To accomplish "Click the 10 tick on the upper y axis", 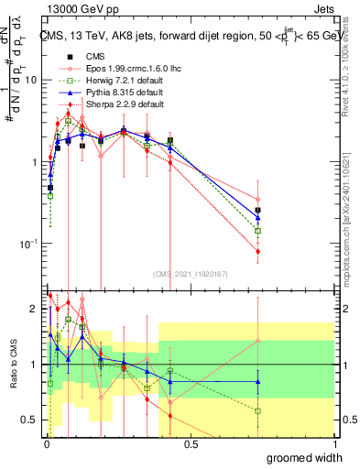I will pos(29,80).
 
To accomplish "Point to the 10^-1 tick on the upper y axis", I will pos(27,244).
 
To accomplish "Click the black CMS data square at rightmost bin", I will pos(258,210).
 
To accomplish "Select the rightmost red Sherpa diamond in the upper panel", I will pos(258,251).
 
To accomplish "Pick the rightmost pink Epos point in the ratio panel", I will pos(258,341).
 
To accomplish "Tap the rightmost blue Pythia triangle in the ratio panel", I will pos(258,382).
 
